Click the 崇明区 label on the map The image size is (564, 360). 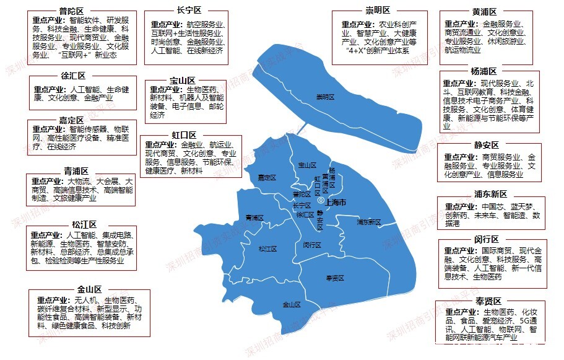click(x=325, y=97)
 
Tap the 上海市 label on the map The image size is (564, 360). click(x=336, y=203)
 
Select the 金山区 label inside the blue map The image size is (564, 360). click(x=291, y=305)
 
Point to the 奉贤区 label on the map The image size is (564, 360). click(x=334, y=279)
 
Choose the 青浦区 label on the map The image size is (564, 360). click(x=254, y=218)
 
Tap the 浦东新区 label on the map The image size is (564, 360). click(x=369, y=222)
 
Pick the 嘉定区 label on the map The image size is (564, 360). click(x=267, y=178)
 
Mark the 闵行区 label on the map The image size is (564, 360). click(x=312, y=245)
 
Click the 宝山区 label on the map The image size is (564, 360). click(x=307, y=165)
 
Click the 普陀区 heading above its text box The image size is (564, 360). click(x=72, y=11)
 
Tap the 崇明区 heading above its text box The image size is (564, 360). click(x=378, y=11)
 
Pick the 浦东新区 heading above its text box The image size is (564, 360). click(x=490, y=194)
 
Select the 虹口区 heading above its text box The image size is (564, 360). click(x=184, y=135)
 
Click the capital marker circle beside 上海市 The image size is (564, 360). click(x=320, y=202)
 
